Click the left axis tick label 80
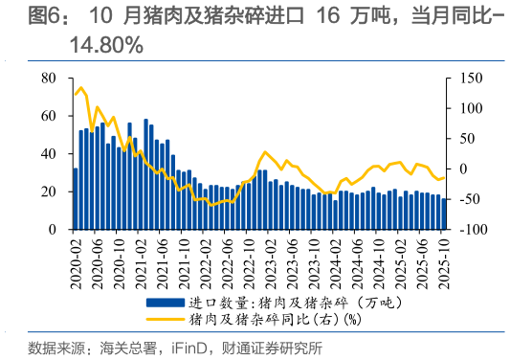tap(51, 79)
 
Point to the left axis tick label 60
tap(51, 117)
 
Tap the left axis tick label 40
tap(51, 154)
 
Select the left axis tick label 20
tap(51, 192)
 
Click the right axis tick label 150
tap(466, 79)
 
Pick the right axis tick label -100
tap(468, 231)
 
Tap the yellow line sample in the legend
tap(165, 319)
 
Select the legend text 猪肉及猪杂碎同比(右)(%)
tap(273, 319)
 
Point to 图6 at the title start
tap(45, 16)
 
